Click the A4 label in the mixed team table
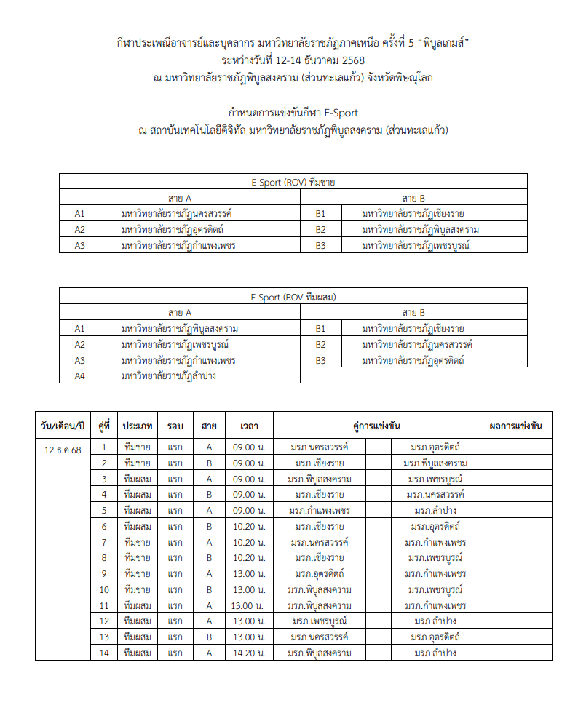click(x=80, y=376)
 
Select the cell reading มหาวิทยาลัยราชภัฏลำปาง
click(x=168, y=376)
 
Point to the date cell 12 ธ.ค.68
click(x=63, y=450)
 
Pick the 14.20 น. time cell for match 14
click(x=244, y=653)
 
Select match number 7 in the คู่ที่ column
click(x=104, y=542)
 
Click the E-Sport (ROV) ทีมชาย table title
click(x=293, y=183)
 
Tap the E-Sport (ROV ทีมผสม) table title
click(x=293, y=297)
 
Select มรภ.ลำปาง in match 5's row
click(x=435, y=510)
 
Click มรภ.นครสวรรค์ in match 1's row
click(x=319, y=447)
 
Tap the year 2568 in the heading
click(x=352, y=60)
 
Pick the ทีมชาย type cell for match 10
click(x=138, y=589)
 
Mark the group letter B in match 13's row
click(x=209, y=637)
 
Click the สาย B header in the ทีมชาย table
click(x=413, y=198)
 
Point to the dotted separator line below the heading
click(x=293, y=98)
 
